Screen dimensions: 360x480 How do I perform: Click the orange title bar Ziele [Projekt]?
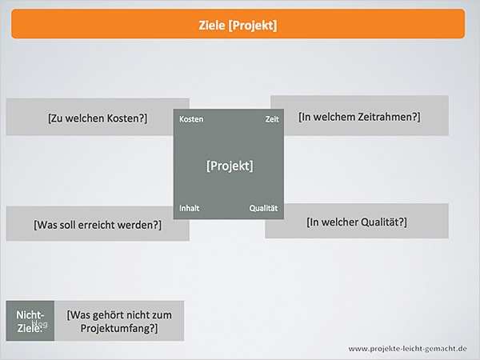(x=238, y=24)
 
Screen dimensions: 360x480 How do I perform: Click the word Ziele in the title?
(x=211, y=25)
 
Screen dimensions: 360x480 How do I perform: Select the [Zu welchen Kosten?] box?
(x=97, y=118)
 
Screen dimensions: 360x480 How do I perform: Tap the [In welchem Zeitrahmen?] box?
(x=359, y=116)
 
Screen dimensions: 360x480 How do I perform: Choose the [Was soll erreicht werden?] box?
(x=97, y=225)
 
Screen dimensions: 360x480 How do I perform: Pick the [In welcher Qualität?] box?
(x=357, y=222)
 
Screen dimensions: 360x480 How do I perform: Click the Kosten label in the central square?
(x=191, y=119)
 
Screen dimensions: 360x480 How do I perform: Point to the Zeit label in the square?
(x=272, y=119)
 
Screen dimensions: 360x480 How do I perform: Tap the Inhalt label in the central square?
(x=190, y=208)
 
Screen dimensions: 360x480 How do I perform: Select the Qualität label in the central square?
(x=263, y=208)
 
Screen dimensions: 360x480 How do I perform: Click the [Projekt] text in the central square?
(x=230, y=166)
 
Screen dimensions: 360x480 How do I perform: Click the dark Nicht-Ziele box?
(x=30, y=321)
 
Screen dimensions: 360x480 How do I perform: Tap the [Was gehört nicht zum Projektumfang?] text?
(x=119, y=322)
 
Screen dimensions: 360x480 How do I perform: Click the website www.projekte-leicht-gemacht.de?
(x=407, y=349)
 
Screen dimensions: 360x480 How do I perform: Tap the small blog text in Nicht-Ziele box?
(x=40, y=324)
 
